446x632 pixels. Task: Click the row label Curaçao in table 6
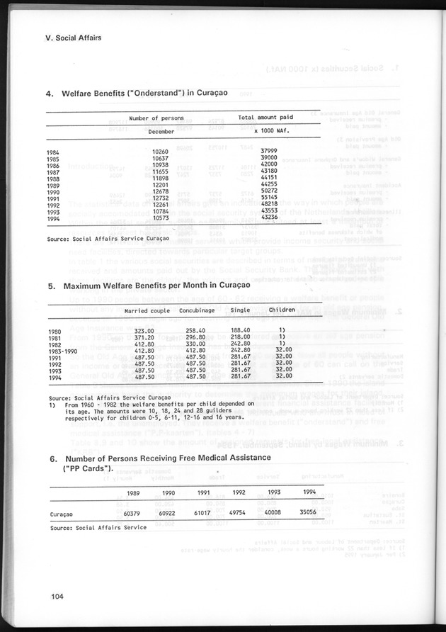(62, 512)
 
